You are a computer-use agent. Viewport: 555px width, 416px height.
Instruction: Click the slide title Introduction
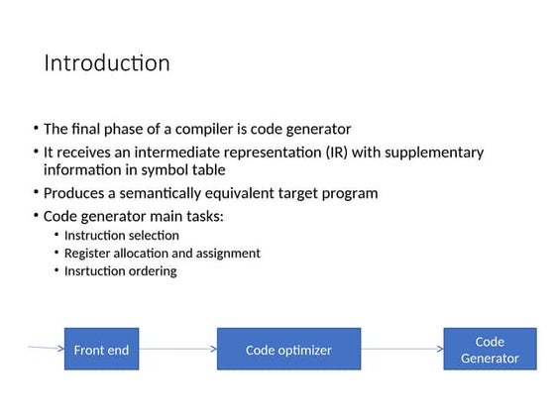coord(107,63)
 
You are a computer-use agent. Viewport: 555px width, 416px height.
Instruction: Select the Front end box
coord(101,350)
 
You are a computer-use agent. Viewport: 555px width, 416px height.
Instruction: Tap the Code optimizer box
coord(288,350)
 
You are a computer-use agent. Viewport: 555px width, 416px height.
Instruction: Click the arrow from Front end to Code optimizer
coord(176,350)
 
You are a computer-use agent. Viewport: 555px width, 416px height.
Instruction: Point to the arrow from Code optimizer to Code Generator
coord(401,350)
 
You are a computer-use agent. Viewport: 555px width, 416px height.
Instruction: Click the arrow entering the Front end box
coord(46,349)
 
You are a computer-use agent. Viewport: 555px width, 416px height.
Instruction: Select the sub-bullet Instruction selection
coord(121,236)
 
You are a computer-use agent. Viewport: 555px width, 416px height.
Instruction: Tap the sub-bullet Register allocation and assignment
coord(162,254)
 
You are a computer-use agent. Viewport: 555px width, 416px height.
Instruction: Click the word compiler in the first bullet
coord(220,129)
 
